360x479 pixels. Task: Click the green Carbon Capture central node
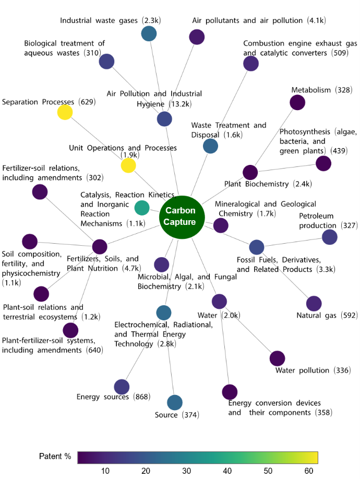pos(181,216)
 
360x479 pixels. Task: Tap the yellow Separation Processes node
pos(65,112)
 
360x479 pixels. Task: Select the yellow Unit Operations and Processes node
pos(128,166)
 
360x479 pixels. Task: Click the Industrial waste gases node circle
pos(149,34)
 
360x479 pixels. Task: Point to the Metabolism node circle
pos(297,103)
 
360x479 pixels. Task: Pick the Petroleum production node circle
pos(329,237)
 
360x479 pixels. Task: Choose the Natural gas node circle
pos(314,303)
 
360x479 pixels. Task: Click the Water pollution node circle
pos(277,358)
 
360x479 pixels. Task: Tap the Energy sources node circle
pos(122,387)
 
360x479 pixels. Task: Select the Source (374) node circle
pos(175,403)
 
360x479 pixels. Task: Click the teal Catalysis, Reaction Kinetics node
pos(142,208)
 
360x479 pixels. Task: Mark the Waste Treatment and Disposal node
pos(210,146)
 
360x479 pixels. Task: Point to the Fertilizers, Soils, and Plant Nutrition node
pos(100,247)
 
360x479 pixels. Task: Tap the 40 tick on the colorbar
pos(227,471)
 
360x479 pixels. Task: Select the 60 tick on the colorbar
pos(309,471)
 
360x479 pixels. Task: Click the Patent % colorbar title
pos(55,457)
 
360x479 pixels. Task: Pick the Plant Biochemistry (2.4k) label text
pos(268,184)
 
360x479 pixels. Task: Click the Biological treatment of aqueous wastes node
pos(106,62)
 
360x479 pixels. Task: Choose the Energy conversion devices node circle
pos(230,391)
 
